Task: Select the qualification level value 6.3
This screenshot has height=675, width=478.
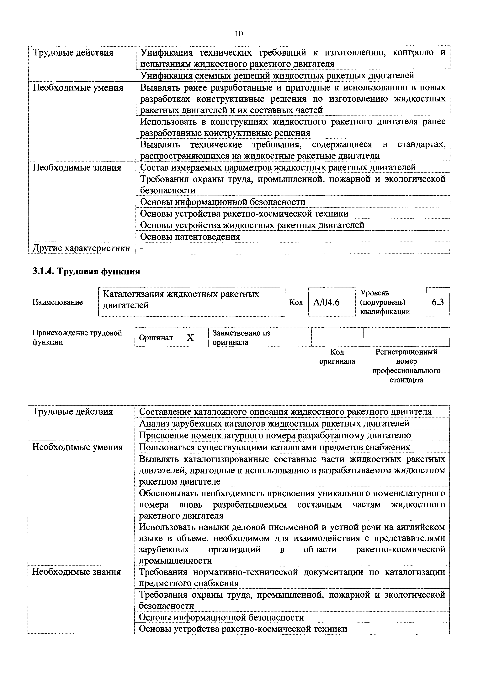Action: pos(438,302)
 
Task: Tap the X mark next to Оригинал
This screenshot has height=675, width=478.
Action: pos(190,338)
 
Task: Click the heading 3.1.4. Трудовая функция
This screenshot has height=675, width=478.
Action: pos(86,271)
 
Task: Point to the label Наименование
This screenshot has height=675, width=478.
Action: pos(58,302)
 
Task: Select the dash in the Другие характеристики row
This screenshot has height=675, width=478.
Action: pos(142,248)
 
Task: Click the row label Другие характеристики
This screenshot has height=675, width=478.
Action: pos(81,248)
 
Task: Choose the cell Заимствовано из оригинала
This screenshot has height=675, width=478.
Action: pos(241,338)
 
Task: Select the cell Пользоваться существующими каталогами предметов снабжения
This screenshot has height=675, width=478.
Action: pos(274,447)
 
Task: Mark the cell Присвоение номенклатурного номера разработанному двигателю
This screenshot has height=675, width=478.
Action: pos(275,435)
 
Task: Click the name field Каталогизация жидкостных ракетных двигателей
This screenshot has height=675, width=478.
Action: pos(191,300)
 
